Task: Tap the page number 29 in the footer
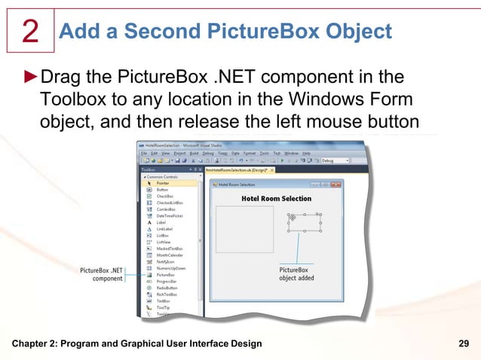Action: (465, 344)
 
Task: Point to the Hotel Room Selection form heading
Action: (276, 198)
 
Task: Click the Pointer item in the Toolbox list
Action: (164, 182)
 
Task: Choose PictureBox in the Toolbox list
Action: (166, 275)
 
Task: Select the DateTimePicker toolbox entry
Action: (171, 215)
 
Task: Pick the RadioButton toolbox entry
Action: (167, 288)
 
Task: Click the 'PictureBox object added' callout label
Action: (296, 273)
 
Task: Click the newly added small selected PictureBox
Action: (304, 222)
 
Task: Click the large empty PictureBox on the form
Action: (244, 228)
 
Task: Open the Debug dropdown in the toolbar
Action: (335, 160)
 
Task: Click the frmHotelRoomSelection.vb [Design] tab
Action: (234, 171)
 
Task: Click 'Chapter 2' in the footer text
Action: (34, 344)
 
